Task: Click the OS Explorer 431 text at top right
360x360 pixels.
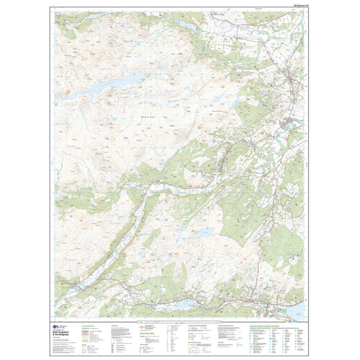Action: [296, 7]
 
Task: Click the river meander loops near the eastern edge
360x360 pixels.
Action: [289, 124]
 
